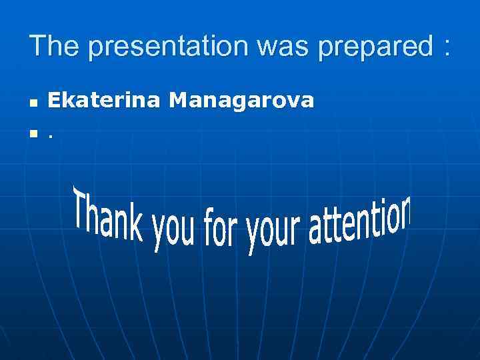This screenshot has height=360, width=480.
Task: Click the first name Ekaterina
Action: pos(103,101)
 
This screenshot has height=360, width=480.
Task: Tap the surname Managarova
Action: pos(241,101)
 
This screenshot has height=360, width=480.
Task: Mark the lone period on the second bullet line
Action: pos(50,138)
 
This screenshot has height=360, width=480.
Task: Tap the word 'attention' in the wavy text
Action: pos(360,223)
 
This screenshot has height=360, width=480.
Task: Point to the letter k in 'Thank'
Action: pos(137,226)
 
